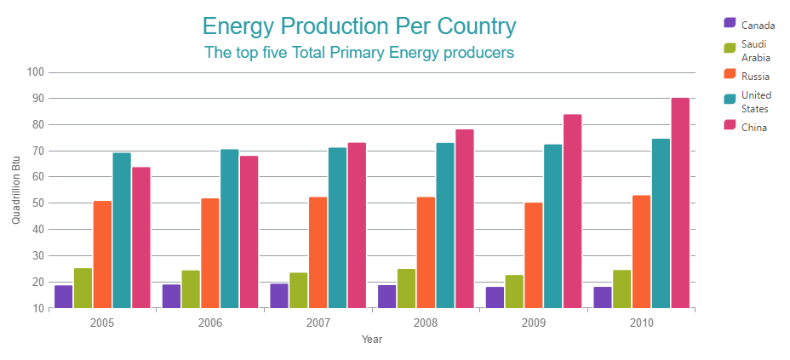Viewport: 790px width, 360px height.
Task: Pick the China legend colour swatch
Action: [x=730, y=126]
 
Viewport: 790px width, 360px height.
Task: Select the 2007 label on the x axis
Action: [x=318, y=323]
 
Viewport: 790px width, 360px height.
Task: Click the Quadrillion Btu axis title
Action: [x=16, y=190]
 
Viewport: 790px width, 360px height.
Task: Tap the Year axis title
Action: [x=372, y=340]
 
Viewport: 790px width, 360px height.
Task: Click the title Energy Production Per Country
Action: [x=359, y=26]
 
